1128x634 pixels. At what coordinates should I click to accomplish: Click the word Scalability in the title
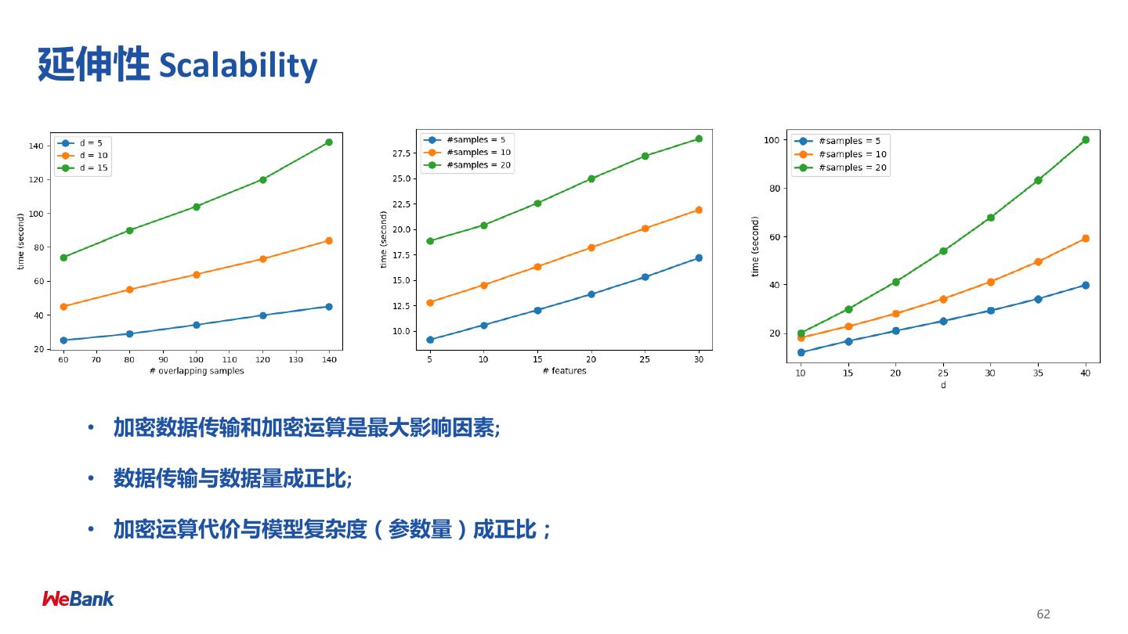(x=238, y=66)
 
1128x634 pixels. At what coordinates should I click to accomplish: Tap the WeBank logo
(x=78, y=599)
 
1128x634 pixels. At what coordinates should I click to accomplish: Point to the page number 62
(x=1043, y=614)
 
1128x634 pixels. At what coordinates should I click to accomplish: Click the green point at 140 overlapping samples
(x=329, y=142)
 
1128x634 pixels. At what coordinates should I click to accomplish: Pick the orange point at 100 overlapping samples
(x=197, y=275)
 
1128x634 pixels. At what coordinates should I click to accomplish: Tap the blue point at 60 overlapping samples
(x=63, y=340)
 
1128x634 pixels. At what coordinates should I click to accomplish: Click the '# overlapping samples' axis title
(x=197, y=371)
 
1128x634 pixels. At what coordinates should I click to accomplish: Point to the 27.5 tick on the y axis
(x=401, y=153)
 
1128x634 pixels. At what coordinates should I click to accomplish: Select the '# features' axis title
(x=564, y=371)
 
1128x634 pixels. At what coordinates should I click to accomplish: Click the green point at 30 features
(x=699, y=139)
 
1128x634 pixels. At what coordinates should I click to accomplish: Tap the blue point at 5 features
(x=430, y=340)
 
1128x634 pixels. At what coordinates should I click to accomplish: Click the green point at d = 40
(x=1086, y=140)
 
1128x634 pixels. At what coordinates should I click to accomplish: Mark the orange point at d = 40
(x=1086, y=239)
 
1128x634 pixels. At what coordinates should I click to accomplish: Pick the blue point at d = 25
(x=943, y=321)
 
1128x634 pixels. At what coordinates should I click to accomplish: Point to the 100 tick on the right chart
(x=771, y=140)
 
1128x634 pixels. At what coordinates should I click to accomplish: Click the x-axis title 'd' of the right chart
(x=943, y=385)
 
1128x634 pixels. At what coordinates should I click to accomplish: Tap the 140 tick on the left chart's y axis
(x=36, y=146)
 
